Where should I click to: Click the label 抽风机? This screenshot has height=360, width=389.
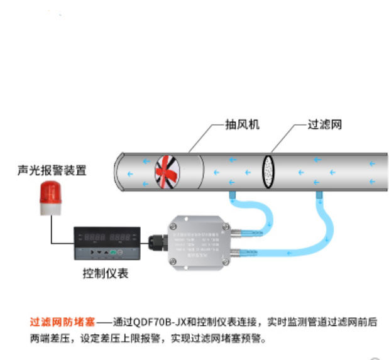tap(241, 124)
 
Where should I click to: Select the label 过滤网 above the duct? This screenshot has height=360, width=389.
tap(324, 124)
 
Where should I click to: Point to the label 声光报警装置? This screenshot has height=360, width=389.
tap(52, 170)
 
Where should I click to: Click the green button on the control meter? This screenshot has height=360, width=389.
tap(112, 251)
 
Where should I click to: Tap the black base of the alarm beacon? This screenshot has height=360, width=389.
tap(50, 211)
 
